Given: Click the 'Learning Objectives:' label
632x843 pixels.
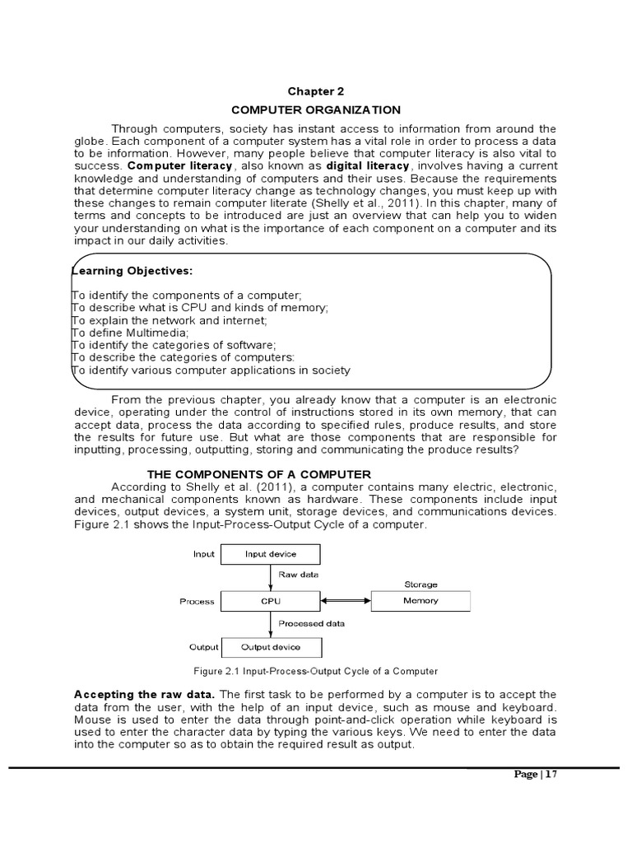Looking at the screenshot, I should pyautogui.click(x=132, y=271).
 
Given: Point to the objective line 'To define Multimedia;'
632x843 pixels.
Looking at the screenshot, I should pyautogui.click(x=130, y=333).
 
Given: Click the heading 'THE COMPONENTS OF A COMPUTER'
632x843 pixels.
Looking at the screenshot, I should pyautogui.click(x=258, y=474).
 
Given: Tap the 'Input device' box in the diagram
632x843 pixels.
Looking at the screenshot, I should pyautogui.click(x=271, y=554).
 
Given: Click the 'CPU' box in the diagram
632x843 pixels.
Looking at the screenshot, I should pyautogui.click(x=271, y=601).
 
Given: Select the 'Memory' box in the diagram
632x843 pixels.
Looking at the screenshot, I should pyautogui.click(x=421, y=601).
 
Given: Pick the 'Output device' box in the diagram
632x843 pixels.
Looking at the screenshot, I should pyautogui.click(x=271, y=647).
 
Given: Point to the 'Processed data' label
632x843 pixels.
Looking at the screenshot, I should pyautogui.click(x=311, y=624).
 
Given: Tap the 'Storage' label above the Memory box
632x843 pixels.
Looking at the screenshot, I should pyautogui.click(x=421, y=585).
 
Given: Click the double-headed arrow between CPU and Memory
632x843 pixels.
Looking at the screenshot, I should pyautogui.click(x=346, y=601).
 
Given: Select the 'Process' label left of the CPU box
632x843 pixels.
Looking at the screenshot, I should pyautogui.click(x=197, y=602).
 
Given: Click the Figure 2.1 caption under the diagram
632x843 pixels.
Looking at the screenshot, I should pyautogui.click(x=315, y=672).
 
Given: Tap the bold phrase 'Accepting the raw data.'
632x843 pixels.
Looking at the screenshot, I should pyautogui.click(x=145, y=694).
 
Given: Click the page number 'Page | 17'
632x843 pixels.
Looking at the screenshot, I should pyautogui.click(x=535, y=775).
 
